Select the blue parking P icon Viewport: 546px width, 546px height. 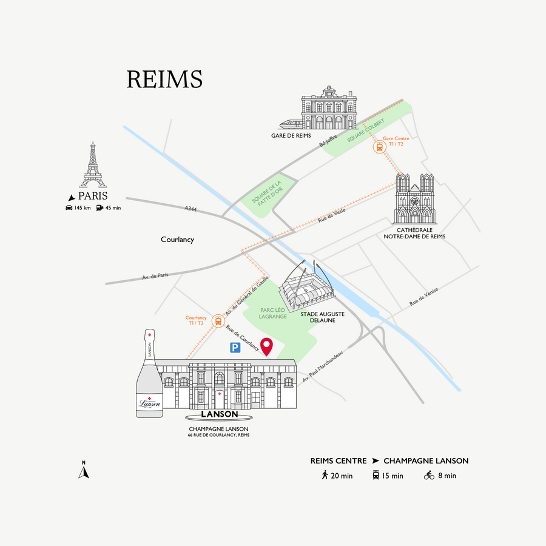pos(235,348)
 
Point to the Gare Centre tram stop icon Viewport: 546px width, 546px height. pos(380,147)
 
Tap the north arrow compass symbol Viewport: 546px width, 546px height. pos(84,471)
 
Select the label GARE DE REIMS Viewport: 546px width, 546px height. pos(291,135)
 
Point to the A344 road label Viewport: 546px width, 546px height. pos(192,209)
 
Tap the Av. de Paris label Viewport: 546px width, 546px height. pos(155,275)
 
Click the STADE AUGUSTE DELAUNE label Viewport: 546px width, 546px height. pos(323,317)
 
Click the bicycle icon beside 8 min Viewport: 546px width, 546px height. pos(429,475)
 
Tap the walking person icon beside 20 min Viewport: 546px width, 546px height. pos(325,475)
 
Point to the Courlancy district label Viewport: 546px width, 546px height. pos(177,240)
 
